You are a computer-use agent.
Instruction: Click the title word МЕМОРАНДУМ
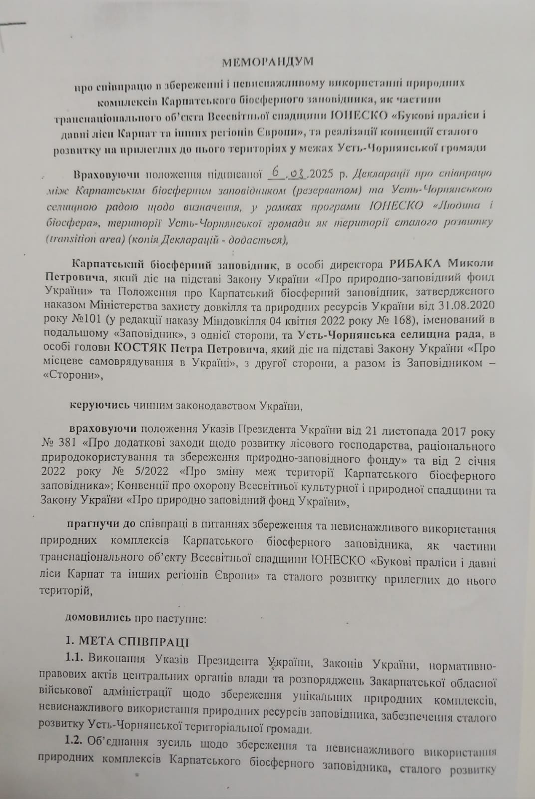tap(268, 62)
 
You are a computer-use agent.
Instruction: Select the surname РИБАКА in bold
tap(415, 263)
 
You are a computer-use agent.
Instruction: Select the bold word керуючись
tap(100, 405)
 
